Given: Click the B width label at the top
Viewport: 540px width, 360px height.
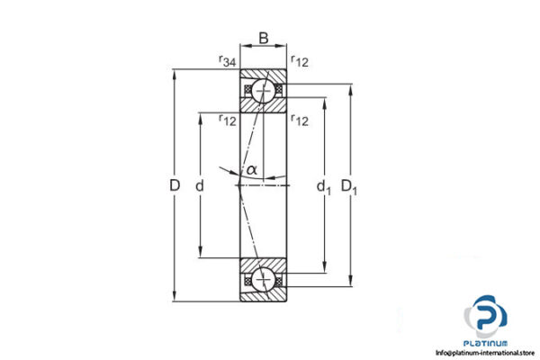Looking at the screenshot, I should pyautogui.click(x=263, y=38).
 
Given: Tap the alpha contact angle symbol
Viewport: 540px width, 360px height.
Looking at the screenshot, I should pyautogui.click(x=252, y=168).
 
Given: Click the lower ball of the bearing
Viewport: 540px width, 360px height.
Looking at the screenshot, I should pyautogui.click(x=263, y=281).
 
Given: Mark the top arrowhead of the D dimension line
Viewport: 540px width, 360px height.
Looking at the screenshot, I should pyautogui.click(x=175, y=72).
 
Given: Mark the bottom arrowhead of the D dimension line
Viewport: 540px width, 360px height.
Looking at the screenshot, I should pyautogui.click(x=175, y=299).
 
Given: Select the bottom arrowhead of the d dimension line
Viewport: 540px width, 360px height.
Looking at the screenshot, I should pyautogui.click(x=200, y=254).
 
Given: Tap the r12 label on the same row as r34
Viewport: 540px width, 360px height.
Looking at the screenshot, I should pyautogui.click(x=299, y=61).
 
